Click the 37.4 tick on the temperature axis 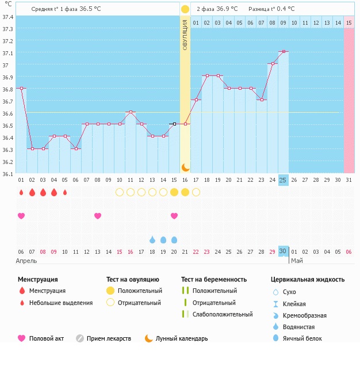[7, 17]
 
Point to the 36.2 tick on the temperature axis [7, 161]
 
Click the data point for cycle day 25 [283, 52]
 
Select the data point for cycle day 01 [21, 88]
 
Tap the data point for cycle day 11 [131, 112]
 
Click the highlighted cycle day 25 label [283, 180]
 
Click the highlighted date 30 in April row [283, 251]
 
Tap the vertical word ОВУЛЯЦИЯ [185, 35]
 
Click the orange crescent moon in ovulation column [185, 167]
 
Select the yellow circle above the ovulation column [185, 9]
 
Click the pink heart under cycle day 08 [98, 216]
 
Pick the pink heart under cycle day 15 [174, 216]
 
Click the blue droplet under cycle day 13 [152, 239]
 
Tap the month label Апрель [26, 261]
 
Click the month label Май [297, 261]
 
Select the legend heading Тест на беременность [214, 280]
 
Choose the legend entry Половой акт [45, 338]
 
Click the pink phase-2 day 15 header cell [349, 22]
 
